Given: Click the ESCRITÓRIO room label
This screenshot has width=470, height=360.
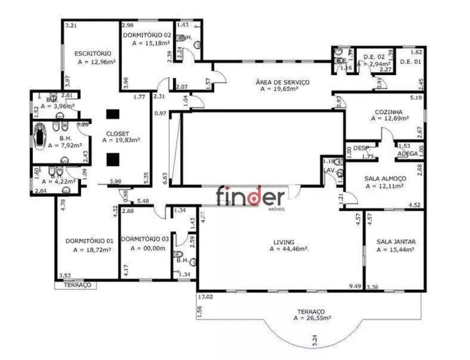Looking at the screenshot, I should click(93, 53).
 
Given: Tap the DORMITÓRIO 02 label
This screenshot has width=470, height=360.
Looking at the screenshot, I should click(147, 35).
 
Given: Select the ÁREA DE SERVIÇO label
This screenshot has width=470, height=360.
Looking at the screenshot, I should click(282, 82).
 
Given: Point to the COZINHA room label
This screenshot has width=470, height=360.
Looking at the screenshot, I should click(388, 112).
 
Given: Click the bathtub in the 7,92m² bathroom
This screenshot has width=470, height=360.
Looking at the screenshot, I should click(40, 135).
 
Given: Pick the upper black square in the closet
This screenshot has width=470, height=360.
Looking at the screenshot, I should click(112, 114).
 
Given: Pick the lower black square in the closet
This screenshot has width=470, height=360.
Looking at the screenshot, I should click(112, 160).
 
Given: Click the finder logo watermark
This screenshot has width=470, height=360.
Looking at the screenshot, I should click(250, 196).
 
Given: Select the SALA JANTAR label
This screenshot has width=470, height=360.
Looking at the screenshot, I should click(396, 242).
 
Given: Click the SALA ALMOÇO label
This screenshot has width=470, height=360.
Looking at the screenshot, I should click(385, 179).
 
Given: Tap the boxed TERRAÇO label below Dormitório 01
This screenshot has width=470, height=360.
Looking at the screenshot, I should click(75, 285).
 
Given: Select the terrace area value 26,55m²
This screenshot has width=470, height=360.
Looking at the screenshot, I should click(313, 318).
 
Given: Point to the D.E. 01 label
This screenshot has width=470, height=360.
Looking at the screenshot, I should click(410, 62).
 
